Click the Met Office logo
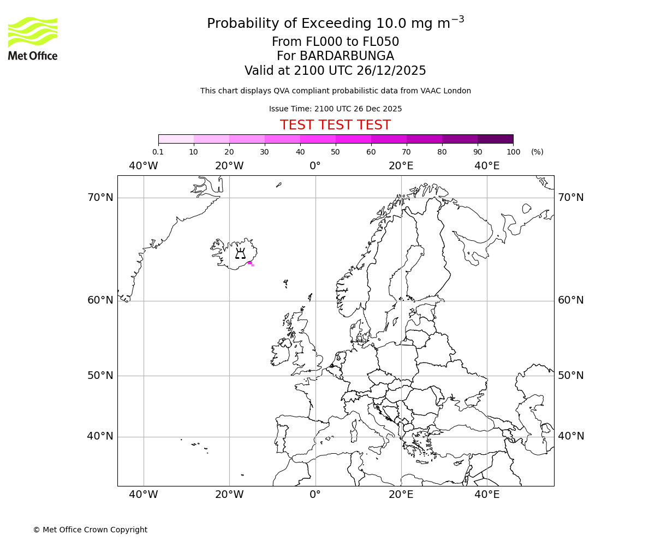coord(33,38)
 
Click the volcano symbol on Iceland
coord(240,253)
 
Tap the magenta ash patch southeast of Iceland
coord(251,264)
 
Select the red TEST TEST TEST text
coord(335,125)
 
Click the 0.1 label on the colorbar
coord(158,152)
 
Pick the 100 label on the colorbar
coord(513,152)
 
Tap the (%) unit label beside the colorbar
coord(537,152)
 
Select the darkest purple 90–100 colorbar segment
coord(495,139)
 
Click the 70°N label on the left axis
coord(100,198)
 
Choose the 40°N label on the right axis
coord(570,436)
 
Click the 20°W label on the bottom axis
coord(229,495)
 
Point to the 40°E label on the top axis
coord(487,166)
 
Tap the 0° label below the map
coord(315,495)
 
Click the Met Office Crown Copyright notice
coord(90,530)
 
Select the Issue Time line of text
coord(335,109)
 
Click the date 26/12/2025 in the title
coord(391,71)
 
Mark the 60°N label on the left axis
coord(100,300)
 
